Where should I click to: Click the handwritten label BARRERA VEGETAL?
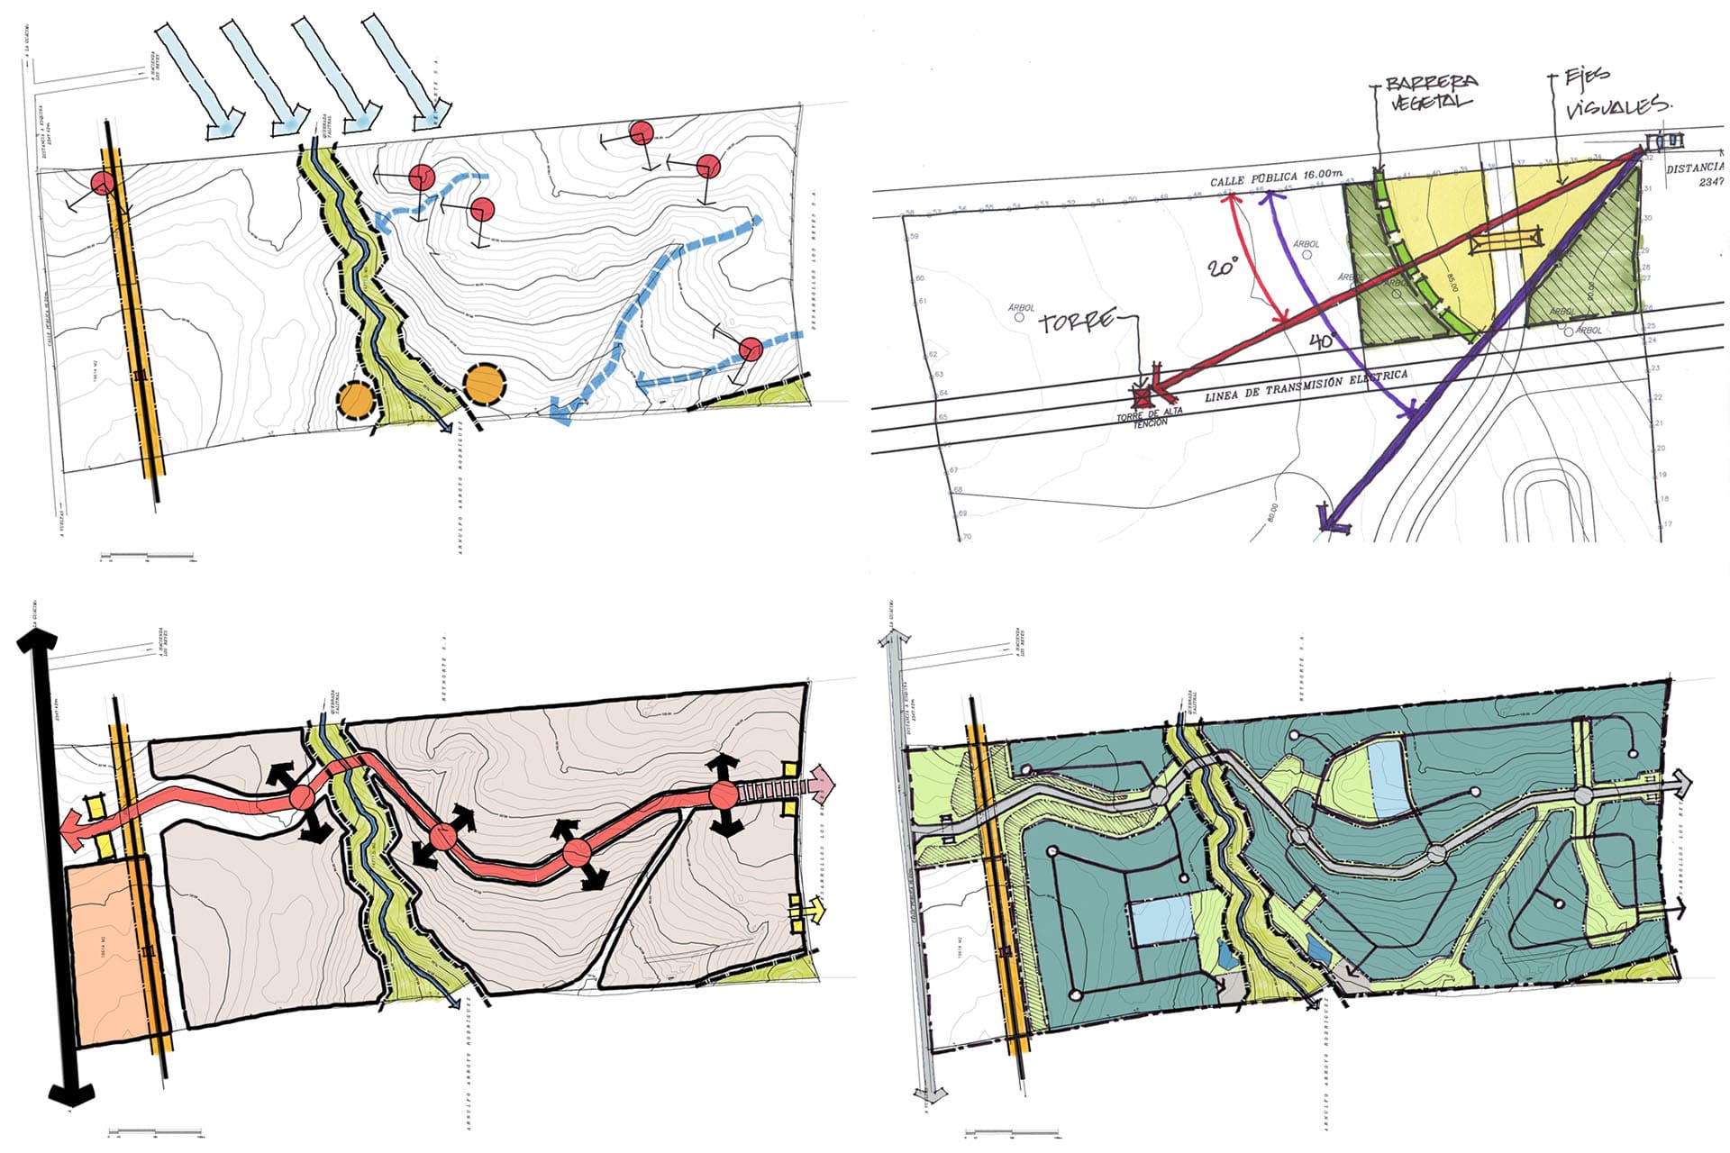1431,92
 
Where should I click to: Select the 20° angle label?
1224,268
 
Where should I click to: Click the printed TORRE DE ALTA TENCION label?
1149,416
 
